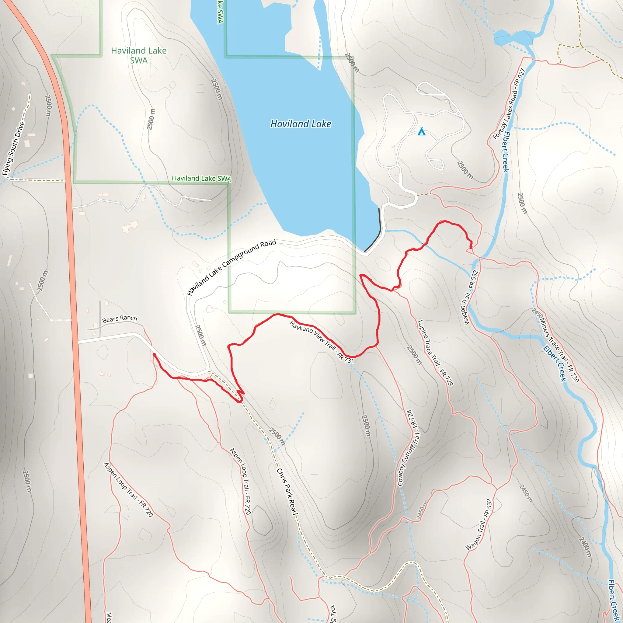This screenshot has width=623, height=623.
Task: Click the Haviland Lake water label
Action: coord(300,124)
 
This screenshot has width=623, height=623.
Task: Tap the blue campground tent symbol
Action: coord(421,131)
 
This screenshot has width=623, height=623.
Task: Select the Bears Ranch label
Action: coord(119,319)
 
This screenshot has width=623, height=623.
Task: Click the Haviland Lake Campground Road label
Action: coord(231,267)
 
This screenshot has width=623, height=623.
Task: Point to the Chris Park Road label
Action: coord(287,492)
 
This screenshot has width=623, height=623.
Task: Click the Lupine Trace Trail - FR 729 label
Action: coord(435,353)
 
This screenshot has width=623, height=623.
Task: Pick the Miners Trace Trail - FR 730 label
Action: coord(555,345)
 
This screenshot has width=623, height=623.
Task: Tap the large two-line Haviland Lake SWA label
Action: coord(139,55)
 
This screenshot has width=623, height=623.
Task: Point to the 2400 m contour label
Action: coord(585,547)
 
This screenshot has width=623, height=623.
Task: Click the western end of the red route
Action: coord(154,354)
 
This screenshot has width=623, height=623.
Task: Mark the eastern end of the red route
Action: coord(471,247)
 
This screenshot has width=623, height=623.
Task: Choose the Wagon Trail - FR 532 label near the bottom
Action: coord(479,524)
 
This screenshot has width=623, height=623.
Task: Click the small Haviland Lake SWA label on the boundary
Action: coord(201,178)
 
